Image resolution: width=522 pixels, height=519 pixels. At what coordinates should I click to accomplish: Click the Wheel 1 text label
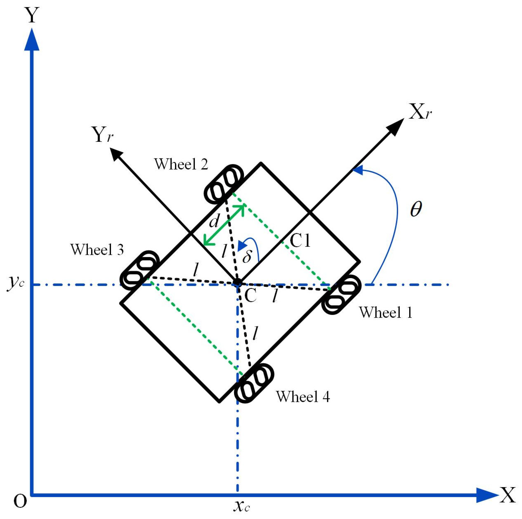pyautogui.click(x=385, y=313)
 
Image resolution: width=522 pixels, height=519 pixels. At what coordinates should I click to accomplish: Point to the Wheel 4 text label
pyautogui.click(x=303, y=397)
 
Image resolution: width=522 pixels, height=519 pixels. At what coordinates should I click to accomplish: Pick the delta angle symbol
pyautogui.click(x=247, y=256)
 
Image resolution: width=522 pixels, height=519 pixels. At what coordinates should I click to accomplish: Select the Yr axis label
pyautogui.click(x=103, y=135)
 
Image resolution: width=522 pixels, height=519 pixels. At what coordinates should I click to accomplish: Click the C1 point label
pyautogui.click(x=300, y=240)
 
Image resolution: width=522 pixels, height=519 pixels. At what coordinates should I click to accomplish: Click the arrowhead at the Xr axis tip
pyautogui.click(x=396, y=127)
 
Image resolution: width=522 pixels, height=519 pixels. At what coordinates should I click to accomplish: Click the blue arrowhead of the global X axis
pyautogui.click(x=486, y=495)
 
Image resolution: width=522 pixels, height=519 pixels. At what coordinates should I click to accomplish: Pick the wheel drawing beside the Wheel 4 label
pyautogui.click(x=254, y=383)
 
